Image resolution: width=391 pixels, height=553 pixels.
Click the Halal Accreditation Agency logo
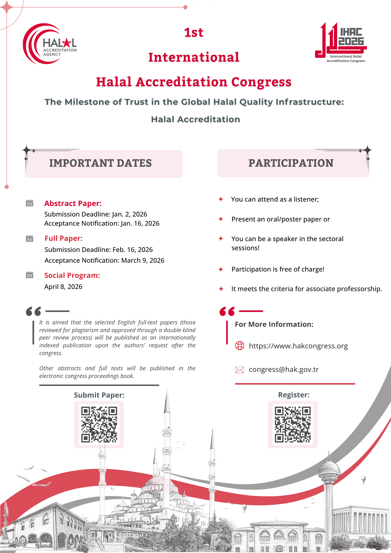(50, 44)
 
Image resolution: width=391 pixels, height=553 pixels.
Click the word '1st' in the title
(194, 33)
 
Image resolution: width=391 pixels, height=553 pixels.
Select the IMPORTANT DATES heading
(100, 163)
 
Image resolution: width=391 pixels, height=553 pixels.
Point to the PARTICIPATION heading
(291, 163)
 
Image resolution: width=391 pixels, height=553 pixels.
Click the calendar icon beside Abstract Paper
(30, 203)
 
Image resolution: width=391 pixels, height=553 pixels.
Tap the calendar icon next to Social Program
(30, 275)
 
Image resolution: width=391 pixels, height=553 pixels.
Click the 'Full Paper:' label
(64, 238)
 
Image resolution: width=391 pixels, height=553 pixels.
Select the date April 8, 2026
(63, 287)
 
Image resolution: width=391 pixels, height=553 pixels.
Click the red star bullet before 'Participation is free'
(221, 269)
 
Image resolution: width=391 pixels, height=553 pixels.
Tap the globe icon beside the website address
(240, 346)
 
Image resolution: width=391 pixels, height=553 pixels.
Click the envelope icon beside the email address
(239, 370)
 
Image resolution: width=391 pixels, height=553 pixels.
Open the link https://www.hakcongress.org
(298, 346)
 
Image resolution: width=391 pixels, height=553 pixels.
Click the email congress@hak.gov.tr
(284, 370)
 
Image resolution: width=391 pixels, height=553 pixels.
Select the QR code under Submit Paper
(99, 424)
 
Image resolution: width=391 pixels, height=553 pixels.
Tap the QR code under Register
(293, 424)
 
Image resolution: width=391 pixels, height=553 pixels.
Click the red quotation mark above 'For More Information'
(227, 311)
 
